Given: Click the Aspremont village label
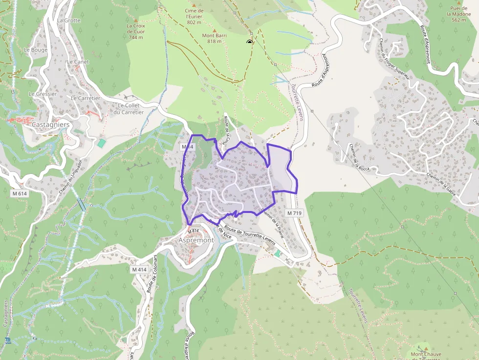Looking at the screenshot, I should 196,240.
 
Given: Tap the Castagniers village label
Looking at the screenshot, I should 50,125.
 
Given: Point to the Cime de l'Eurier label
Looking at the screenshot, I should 194,16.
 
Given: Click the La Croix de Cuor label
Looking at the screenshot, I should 136,31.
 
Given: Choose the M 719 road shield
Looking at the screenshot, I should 295,213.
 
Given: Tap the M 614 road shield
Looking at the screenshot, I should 20,193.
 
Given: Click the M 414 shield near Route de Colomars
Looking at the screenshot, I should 139,269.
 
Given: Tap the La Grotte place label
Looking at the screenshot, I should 68,21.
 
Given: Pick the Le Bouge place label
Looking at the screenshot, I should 36,50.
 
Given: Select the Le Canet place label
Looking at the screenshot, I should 77,62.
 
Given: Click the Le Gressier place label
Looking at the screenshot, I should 43,94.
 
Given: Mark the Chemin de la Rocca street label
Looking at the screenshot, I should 359,157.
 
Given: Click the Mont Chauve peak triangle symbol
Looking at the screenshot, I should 425,345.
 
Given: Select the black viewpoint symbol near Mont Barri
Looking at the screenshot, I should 250,42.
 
